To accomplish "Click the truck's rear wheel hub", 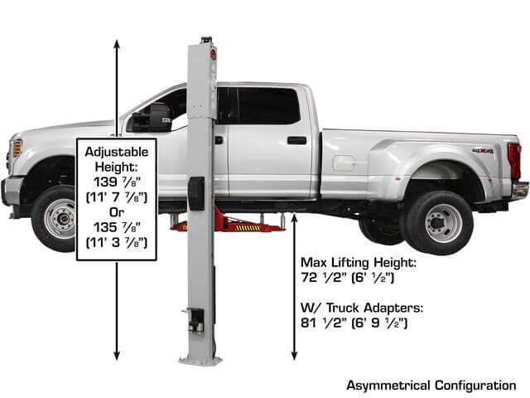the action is click(438, 223).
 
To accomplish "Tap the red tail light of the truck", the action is click(514, 161).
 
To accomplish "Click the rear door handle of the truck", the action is click(296, 140).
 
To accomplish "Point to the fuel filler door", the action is click(344, 163).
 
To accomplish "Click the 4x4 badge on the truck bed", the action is click(483, 151).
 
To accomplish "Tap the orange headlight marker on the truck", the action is click(17, 149).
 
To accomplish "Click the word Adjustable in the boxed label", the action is click(117, 152).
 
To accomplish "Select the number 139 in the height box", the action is click(105, 182).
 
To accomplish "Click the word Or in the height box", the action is click(117, 212).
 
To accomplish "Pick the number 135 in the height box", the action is click(105, 227).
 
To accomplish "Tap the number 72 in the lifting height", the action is click(309, 278).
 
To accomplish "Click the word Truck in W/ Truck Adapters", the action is click(344, 308).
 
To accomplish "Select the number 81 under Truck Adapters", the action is click(308, 323).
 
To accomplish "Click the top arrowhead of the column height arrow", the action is click(117, 44).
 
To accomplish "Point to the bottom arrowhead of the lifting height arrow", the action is click(294, 356).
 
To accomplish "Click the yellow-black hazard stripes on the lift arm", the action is click(248, 228).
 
